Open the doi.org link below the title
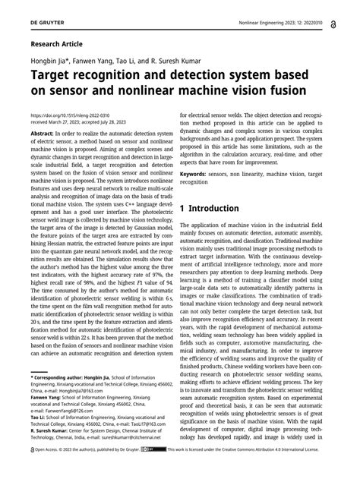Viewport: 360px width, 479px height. (x=64, y=115)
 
